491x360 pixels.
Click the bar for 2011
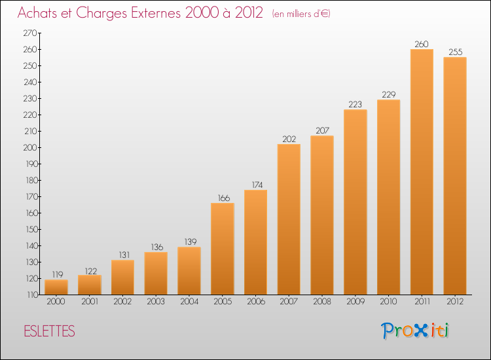(x=422, y=172)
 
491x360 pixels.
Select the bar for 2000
(x=56, y=287)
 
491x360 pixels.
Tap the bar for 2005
(x=223, y=249)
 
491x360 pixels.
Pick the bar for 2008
(x=322, y=215)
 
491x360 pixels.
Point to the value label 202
(x=289, y=139)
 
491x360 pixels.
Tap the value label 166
(x=223, y=198)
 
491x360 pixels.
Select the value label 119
(x=56, y=275)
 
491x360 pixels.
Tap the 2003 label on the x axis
(x=156, y=302)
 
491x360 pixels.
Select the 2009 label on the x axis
(x=355, y=302)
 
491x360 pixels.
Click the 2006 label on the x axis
(x=255, y=302)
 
